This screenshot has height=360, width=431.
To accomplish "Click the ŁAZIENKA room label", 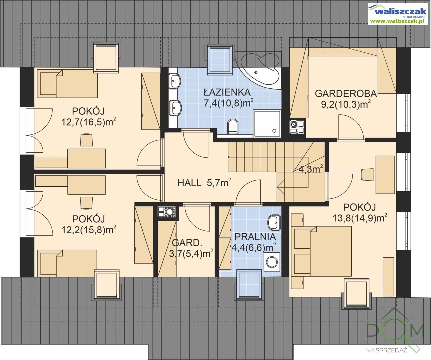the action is [x=227, y=92].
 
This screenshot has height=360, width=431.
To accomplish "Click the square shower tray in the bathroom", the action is [x=267, y=123].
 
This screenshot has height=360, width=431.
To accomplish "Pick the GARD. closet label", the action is [x=186, y=243].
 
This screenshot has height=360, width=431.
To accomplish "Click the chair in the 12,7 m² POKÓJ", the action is [x=86, y=140].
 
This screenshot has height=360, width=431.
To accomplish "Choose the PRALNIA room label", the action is [x=255, y=237].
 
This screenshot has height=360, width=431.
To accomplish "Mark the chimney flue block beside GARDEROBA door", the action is [x=297, y=127].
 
